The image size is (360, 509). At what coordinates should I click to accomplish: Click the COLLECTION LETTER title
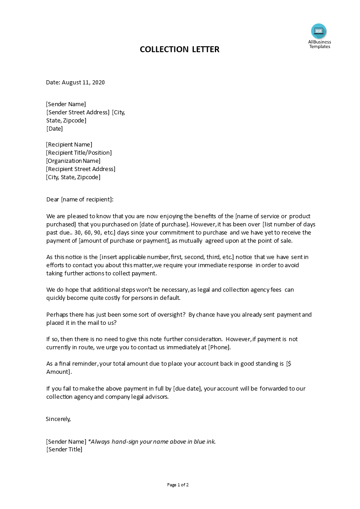(x=179, y=49)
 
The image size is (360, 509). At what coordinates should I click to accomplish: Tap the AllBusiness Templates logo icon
(x=319, y=31)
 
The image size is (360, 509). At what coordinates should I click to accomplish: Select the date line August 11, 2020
(x=75, y=83)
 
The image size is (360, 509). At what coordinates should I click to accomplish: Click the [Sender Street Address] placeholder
(x=78, y=113)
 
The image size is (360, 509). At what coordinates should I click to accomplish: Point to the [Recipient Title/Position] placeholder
(x=79, y=153)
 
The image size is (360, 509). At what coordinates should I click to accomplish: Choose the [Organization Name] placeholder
(x=73, y=161)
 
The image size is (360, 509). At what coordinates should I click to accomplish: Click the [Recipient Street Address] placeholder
(x=80, y=169)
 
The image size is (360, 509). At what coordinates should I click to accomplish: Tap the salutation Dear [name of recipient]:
(x=80, y=199)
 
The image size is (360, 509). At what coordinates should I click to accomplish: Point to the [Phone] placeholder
(x=219, y=347)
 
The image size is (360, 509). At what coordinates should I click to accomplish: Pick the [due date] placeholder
(x=187, y=389)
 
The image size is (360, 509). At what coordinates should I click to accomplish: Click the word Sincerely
(x=59, y=419)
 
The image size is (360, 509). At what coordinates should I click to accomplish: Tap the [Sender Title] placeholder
(x=64, y=450)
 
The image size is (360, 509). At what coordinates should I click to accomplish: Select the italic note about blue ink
(x=152, y=442)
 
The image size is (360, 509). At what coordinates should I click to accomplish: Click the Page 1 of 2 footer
(x=178, y=485)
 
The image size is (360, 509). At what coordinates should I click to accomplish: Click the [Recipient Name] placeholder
(x=69, y=145)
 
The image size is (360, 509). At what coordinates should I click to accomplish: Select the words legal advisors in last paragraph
(x=152, y=397)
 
